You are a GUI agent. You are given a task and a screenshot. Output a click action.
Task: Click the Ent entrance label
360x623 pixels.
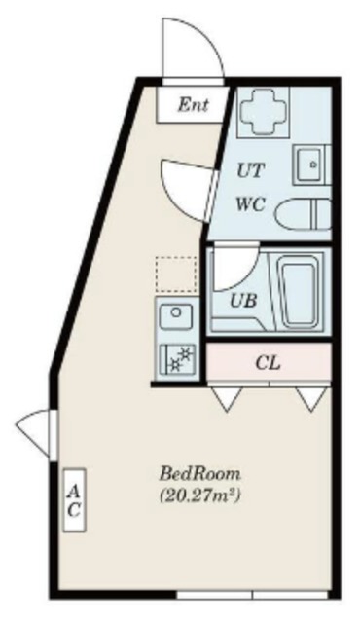(x=193, y=105)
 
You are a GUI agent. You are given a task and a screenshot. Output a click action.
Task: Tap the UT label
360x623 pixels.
(x=250, y=171)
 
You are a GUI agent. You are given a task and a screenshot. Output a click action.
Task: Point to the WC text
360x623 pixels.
(x=250, y=205)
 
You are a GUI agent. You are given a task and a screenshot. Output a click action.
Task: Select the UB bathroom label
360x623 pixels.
(x=243, y=301)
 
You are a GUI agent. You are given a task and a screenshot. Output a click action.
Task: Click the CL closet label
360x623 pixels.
(x=268, y=363)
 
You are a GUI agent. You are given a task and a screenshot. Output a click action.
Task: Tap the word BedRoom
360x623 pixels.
(x=200, y=474)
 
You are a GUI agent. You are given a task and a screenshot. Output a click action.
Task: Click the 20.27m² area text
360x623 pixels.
(x=200, y=495)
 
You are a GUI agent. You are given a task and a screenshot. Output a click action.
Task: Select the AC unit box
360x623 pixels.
(x=75, y=499)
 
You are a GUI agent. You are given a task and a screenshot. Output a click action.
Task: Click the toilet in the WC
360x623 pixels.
(x=304, y=214)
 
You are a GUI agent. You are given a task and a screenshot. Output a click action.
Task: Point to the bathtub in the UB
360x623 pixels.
(x=300, y=292)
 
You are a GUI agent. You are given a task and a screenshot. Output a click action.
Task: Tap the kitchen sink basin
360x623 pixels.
(x=176, y=315)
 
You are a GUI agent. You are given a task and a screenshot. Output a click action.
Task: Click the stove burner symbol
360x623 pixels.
(x=177, y=358)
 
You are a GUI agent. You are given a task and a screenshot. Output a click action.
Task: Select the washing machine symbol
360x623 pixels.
(x=263, y=113)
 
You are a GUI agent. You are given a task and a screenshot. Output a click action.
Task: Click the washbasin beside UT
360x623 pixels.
(x=311, y=165)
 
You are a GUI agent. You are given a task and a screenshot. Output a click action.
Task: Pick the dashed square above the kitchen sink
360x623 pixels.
(x=176, y=275)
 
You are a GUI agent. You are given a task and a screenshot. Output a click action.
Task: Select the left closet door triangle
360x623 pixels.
(x=227, y=398)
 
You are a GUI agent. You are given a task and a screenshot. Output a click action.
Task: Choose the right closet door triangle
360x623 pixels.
(x=311, y=398)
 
